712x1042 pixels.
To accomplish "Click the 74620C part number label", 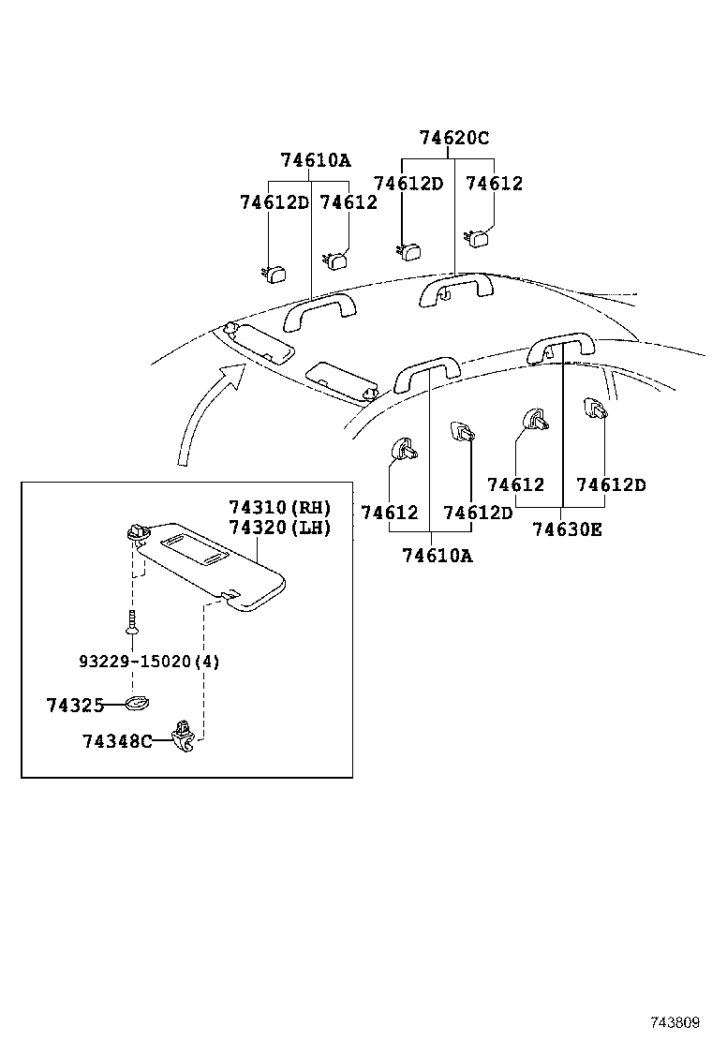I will (x=453, y=138).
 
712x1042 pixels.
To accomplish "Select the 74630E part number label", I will (x=567, y=529).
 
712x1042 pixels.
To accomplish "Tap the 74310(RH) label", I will (x=280, y=507).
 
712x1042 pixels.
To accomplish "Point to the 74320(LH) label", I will (x=280, y=528).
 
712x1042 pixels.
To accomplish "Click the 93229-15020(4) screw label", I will (x=149, y=662).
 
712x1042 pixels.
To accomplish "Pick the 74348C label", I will (x=116, y=741).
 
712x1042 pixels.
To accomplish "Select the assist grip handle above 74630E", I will (x=560, y=347).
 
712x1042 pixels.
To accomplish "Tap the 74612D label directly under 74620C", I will (x=408, y=184).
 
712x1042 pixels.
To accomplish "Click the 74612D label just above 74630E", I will (x=611, y=484).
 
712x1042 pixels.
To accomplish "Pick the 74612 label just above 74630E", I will (x=515, y=484).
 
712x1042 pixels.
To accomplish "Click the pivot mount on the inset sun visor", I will (x=137, y=532).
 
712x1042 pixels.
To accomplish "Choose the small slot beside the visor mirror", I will (x=214, y=558).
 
